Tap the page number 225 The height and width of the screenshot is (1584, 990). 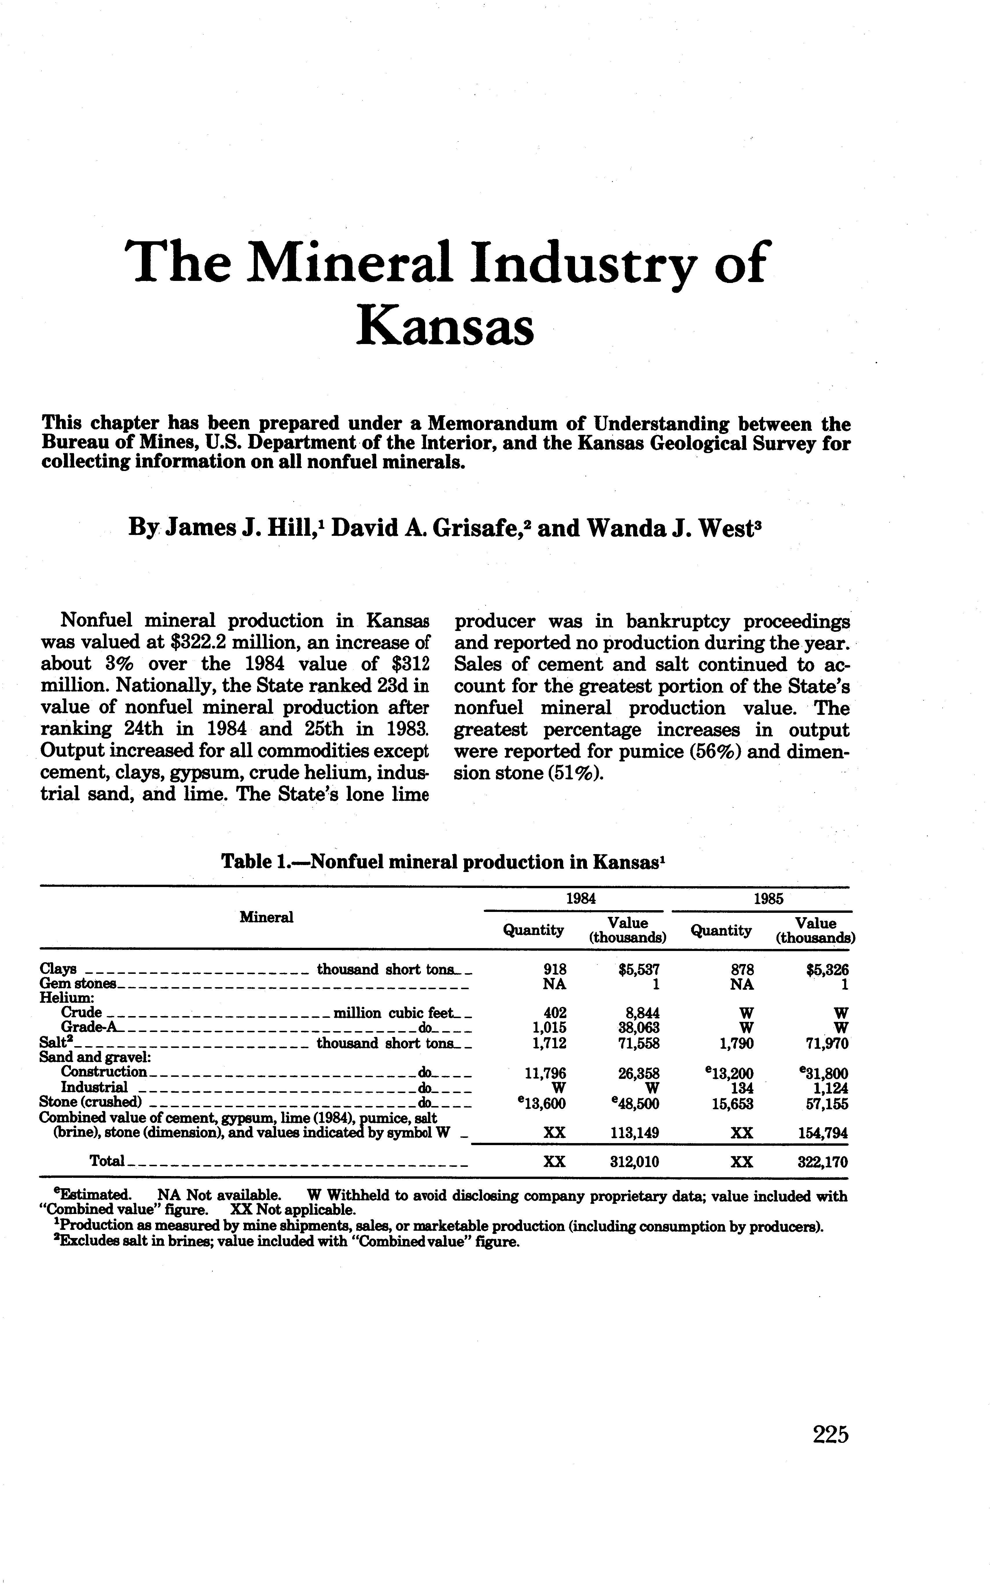[830, 1435]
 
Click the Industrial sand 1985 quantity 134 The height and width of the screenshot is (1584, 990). [742, 1088]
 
